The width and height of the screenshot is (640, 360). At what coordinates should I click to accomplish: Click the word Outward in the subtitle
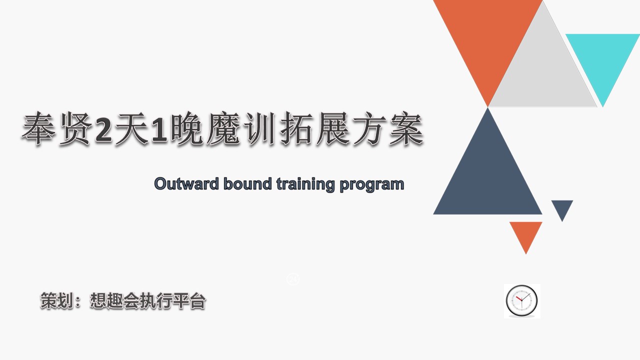(186, 183)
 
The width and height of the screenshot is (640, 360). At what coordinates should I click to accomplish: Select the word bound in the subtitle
(247, 183)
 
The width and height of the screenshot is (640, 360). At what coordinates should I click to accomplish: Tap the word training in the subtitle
(305, 184)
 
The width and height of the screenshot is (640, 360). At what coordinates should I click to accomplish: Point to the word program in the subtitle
(371, 185)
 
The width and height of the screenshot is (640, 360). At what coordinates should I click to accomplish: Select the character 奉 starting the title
(38, 128)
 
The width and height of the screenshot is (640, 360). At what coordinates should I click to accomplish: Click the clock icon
(521, 301)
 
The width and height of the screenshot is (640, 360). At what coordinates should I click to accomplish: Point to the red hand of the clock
(519, 298)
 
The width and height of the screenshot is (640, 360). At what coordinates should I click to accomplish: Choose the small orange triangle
(525, 233)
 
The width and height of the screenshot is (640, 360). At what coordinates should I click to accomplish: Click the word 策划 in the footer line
(57, 300)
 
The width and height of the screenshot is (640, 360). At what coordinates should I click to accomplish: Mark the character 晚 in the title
(187, 128)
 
